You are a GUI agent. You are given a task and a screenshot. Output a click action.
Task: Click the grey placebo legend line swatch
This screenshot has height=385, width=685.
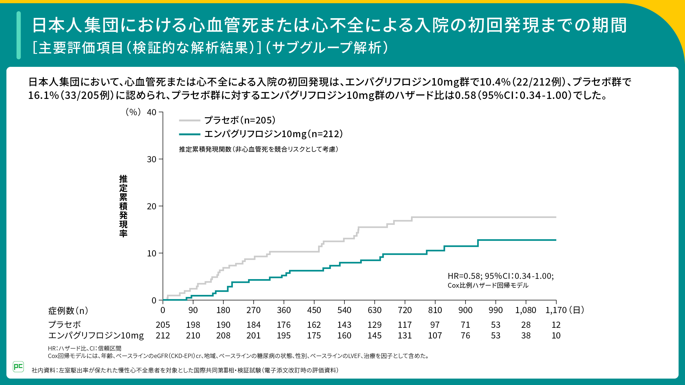click(x=189, y=121)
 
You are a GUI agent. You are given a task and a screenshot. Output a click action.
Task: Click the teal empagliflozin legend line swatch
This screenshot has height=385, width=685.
click(x=189, y=134)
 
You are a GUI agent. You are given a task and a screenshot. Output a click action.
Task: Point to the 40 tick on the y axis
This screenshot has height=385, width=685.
click(x=152, y=112)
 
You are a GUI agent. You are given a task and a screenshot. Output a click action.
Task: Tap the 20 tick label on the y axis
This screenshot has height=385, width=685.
click(x=152, y=206)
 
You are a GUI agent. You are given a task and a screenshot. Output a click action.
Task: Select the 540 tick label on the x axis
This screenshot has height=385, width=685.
click(x=344, y=310)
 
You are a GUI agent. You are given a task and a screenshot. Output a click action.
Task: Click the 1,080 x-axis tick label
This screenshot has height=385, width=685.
click(x=526, y=310)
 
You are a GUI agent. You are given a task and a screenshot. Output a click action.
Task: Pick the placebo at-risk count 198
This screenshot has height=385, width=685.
click(x=193, y=325)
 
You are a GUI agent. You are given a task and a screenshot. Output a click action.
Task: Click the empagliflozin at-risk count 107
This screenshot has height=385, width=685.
click(x=435, y=336)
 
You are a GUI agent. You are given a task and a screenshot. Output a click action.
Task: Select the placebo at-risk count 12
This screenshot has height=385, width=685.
click(x=556, y=325)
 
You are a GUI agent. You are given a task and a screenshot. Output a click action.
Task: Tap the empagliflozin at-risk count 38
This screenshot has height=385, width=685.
click(x=526, y=336)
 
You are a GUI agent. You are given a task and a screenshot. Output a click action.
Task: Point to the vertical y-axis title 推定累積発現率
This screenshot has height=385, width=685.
click(x=123, y=206)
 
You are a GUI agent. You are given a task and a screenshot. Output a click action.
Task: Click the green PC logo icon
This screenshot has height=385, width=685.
click(x=18, y=367)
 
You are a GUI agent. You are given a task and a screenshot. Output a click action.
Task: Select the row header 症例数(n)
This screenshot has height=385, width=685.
click(x=68, y=311)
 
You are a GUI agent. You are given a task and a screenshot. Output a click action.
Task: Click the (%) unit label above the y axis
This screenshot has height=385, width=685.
click(x=133, y=112)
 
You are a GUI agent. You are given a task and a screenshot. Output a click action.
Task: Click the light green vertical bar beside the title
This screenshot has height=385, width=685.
click(x=19, y=35)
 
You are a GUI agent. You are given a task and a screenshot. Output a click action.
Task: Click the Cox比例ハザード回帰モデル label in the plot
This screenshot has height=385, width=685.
click(x=488, y=286)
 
